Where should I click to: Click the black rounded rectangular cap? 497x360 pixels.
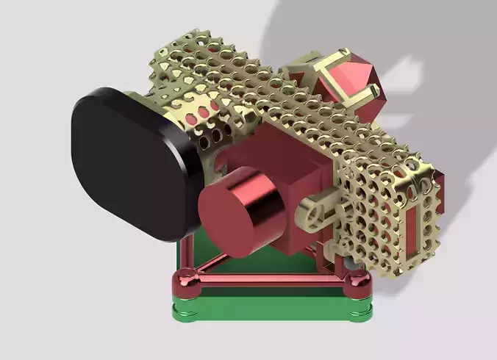click(x=129, y=162)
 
